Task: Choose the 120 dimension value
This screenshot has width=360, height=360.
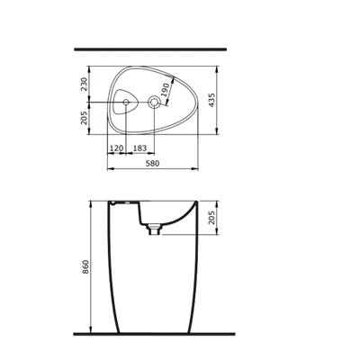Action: click(116, 147)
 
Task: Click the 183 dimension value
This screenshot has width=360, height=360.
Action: click(139, 147)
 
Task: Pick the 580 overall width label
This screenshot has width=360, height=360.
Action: click(155, 163)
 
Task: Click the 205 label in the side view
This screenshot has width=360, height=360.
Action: click(211, 218)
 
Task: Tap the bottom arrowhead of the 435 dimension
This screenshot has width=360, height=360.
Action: click(219, 133)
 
